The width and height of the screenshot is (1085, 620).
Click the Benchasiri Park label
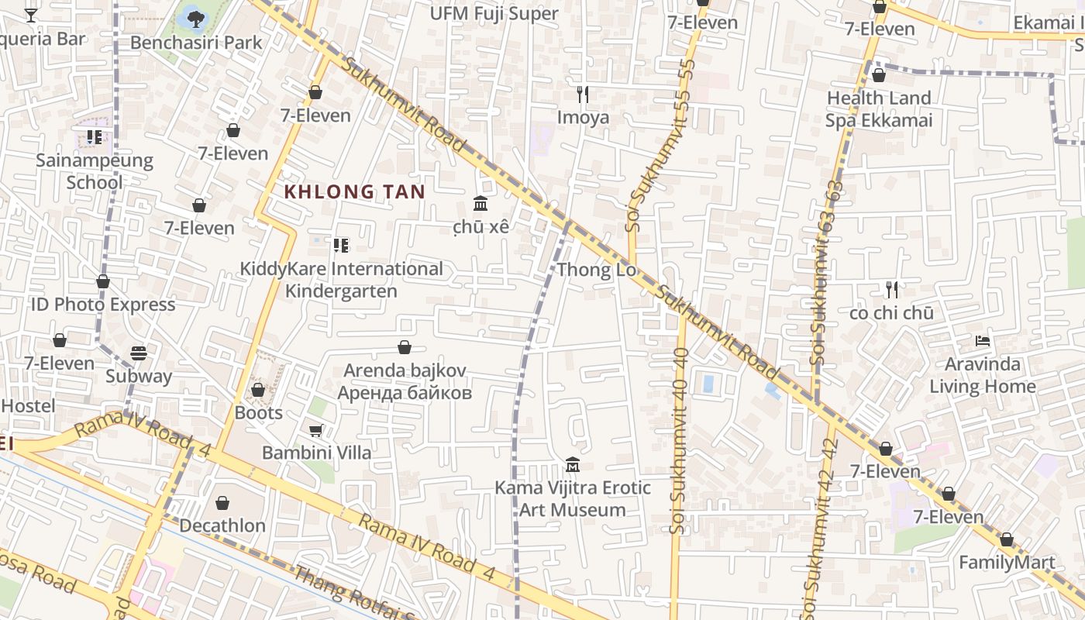click(x=196, y=42)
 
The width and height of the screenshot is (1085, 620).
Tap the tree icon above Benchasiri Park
click(x=194, y=16)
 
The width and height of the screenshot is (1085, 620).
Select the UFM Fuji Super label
click(x=494, y=13)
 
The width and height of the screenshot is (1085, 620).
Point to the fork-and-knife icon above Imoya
click(x=583, y=95)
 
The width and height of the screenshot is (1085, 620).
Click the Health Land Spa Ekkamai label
click(x=878, y=109)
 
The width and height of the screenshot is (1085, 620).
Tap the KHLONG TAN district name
click(x=354, y=191)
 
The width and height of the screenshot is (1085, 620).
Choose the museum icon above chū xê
click(x=480, y=204)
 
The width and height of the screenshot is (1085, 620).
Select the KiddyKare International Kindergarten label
click(x=341, y=280)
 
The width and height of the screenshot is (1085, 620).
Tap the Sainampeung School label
click(x=95, y=171)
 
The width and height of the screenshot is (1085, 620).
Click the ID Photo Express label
click(x=103, y=305)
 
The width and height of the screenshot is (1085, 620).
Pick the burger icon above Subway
click(x=139, y=353)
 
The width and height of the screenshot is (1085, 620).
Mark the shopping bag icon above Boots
click(x=258, y=390)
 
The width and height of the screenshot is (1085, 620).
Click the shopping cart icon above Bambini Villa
click(x=315, y=430)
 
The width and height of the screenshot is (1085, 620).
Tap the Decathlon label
click(x=222, y=525)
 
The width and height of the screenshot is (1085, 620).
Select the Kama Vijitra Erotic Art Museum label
click(x=573, y=499)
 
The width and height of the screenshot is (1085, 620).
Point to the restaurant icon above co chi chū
click(x=892, y=290)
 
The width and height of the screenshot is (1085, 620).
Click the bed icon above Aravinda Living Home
click(x=983, y=341)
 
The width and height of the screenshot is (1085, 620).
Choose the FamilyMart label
click(x=1007, y=563)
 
